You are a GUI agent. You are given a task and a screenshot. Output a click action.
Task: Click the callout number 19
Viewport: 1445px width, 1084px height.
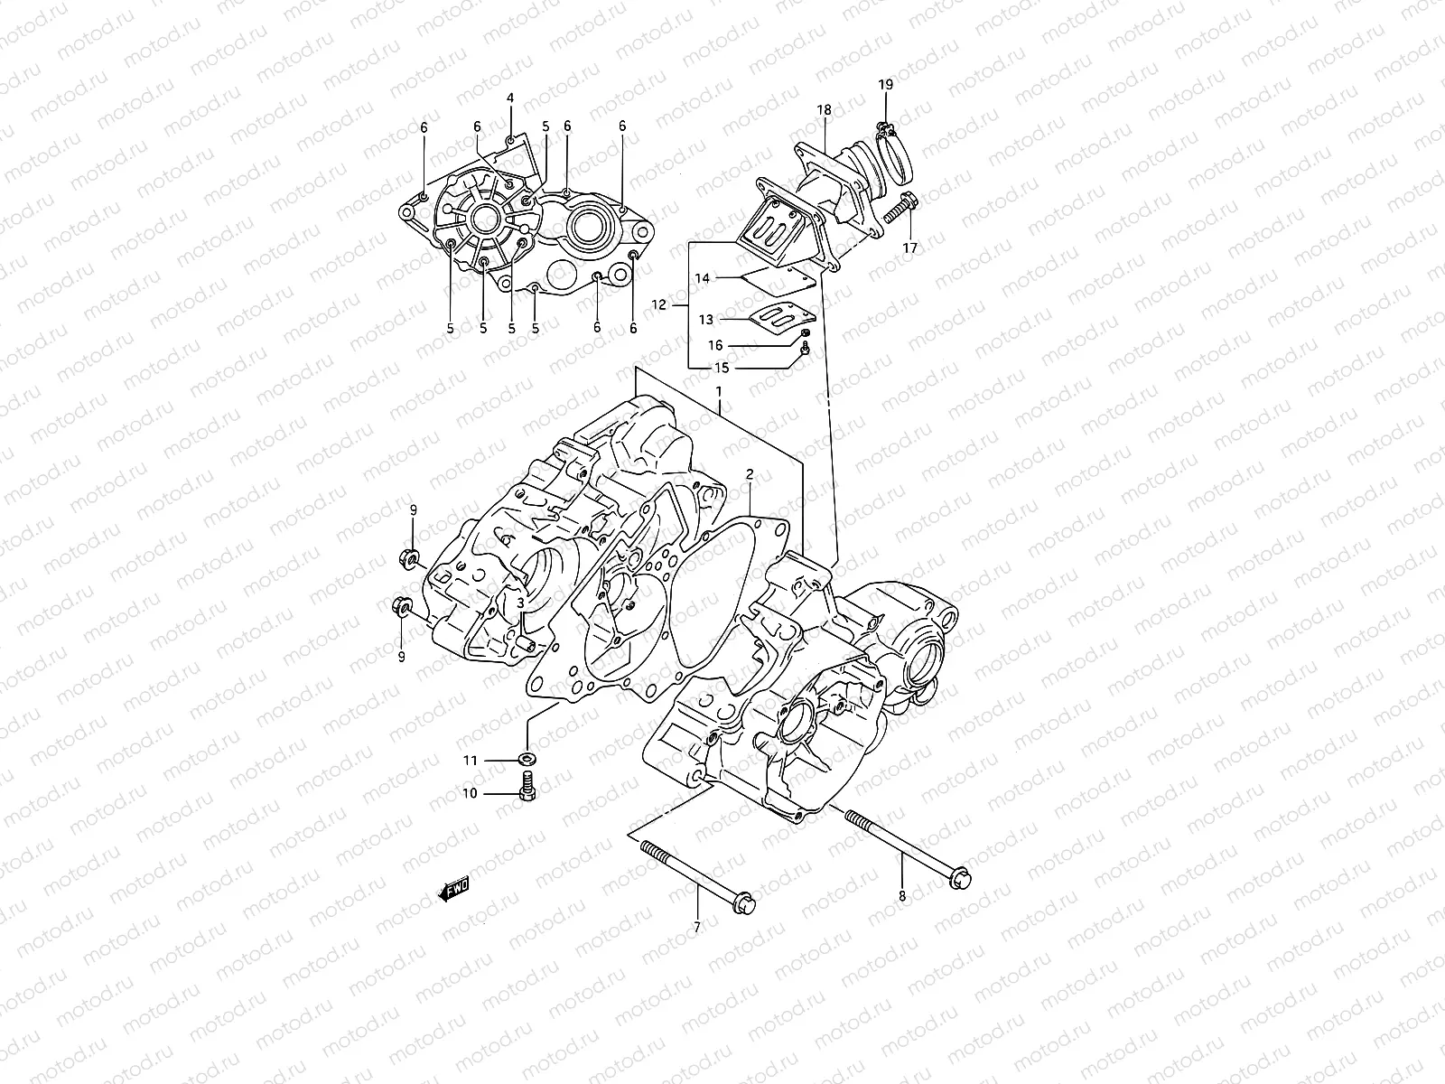(885, 84)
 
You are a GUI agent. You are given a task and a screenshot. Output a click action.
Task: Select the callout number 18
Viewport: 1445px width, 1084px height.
(824, 110)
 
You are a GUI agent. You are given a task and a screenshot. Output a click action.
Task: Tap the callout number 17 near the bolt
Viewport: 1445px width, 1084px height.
(909, 247)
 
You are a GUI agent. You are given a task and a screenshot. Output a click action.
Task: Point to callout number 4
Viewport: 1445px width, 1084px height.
(509, 98)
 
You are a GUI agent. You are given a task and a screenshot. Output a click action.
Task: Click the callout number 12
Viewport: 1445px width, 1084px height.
(658, 305)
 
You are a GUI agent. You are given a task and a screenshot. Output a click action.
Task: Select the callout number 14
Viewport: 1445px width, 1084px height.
(703, 278)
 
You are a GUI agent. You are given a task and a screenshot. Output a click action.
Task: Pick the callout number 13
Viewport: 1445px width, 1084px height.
(705, 319)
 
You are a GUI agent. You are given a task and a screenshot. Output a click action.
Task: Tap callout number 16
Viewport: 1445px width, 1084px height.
(714, 345)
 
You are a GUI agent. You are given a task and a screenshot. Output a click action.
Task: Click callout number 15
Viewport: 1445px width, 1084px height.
(721, 368)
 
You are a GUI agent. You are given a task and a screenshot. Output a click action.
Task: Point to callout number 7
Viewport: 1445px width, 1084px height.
(696, 926)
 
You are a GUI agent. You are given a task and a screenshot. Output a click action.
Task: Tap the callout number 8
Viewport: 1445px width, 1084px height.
(901, 896)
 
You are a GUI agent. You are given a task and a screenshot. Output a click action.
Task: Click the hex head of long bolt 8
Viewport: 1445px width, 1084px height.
(961, 874)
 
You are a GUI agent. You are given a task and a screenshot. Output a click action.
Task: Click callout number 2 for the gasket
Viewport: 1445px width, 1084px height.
(749, 474)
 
